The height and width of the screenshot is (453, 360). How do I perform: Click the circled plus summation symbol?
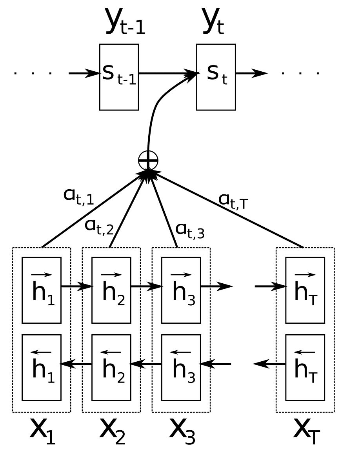148,160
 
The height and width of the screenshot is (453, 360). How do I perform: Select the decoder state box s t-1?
119,77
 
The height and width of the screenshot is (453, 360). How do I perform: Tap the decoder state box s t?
216,77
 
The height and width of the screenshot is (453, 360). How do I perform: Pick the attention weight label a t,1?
78,196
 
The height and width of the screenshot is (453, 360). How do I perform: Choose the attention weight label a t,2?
99,226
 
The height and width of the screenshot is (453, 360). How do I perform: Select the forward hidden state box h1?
42,290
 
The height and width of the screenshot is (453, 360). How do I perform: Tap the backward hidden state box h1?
42,368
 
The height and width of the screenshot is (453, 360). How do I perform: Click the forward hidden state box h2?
111,290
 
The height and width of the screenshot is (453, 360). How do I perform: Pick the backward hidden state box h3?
181,368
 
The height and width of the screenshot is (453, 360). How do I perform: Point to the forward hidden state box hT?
305,290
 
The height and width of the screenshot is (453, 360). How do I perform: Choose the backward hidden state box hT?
305,368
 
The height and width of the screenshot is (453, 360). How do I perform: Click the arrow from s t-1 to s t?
167,73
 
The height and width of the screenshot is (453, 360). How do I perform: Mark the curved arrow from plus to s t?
157,106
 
